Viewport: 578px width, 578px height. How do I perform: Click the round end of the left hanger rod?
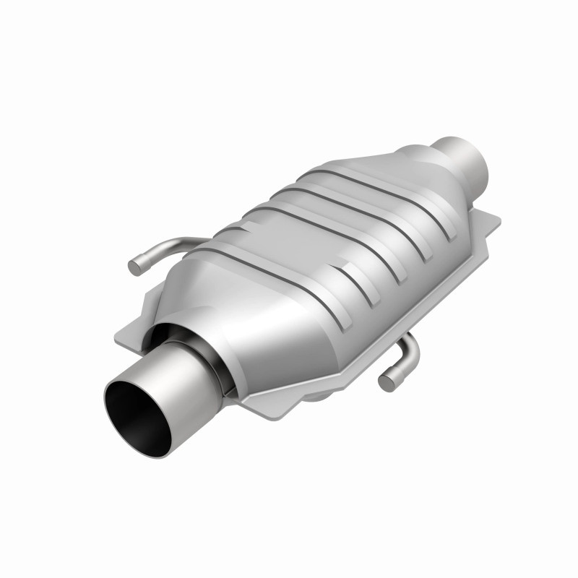[134, 267]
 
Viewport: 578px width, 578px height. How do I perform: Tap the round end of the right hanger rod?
[387, 381]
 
